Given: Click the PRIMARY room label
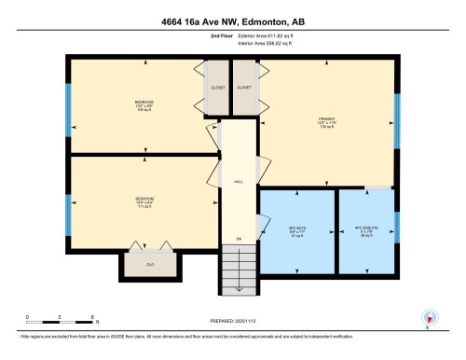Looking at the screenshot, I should [x=326, y=119].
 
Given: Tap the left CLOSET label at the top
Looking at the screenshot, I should [x=216, y=86].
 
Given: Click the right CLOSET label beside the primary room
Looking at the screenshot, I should [x=244, y=86].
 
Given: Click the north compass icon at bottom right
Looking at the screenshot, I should [x=429, y=317].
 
